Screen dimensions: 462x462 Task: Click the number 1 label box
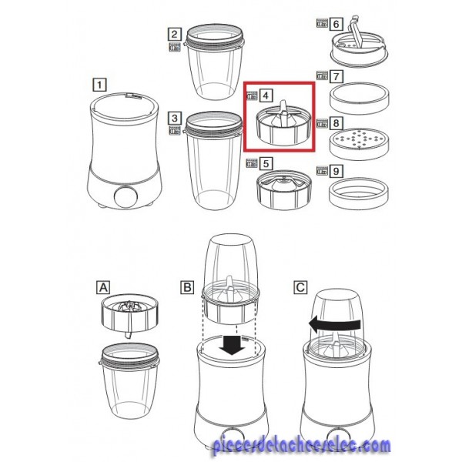click(x=99, y=85)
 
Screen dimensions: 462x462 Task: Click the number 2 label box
click(x=175, y=34)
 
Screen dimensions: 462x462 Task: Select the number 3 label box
click(x=175, y=118)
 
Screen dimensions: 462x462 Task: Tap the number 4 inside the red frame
click(x=266, y=95)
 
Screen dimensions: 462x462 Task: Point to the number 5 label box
click(x=266, y=163)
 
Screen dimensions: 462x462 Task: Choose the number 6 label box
click(x=336, y=24)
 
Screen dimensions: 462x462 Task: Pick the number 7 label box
click(x=336, y=76)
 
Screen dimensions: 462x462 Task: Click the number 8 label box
click(x=336, y=123)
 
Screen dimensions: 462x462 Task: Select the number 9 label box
click(x=336, y=171)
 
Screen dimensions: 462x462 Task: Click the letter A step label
click(x=103, y=287)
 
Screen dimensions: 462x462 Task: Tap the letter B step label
click(x=187, y=287)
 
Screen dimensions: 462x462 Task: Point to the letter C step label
click(x=300, y=287)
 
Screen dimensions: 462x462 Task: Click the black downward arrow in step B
click(x=232, y=345)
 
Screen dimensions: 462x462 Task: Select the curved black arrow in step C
click(x=334, y=324)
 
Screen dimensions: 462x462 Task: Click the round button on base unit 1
click(x=126, y=197)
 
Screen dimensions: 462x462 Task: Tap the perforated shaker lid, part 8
click(x=359, y=143)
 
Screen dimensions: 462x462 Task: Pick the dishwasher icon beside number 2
click(x=175, y=47)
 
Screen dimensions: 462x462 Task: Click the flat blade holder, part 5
click(x=283, y=189)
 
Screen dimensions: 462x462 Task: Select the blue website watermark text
click(x=301, y=446)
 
